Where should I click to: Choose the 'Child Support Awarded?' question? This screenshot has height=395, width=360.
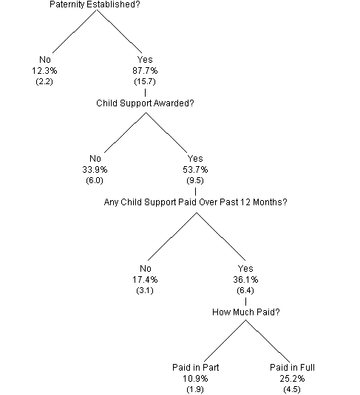click(x=145, y=103)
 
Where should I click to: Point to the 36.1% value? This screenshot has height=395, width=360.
click(x=245, y=281)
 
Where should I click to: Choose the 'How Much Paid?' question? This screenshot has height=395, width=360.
click(x=245, y=312)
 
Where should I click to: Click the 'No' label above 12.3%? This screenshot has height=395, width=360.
click(x=44, y=59)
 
